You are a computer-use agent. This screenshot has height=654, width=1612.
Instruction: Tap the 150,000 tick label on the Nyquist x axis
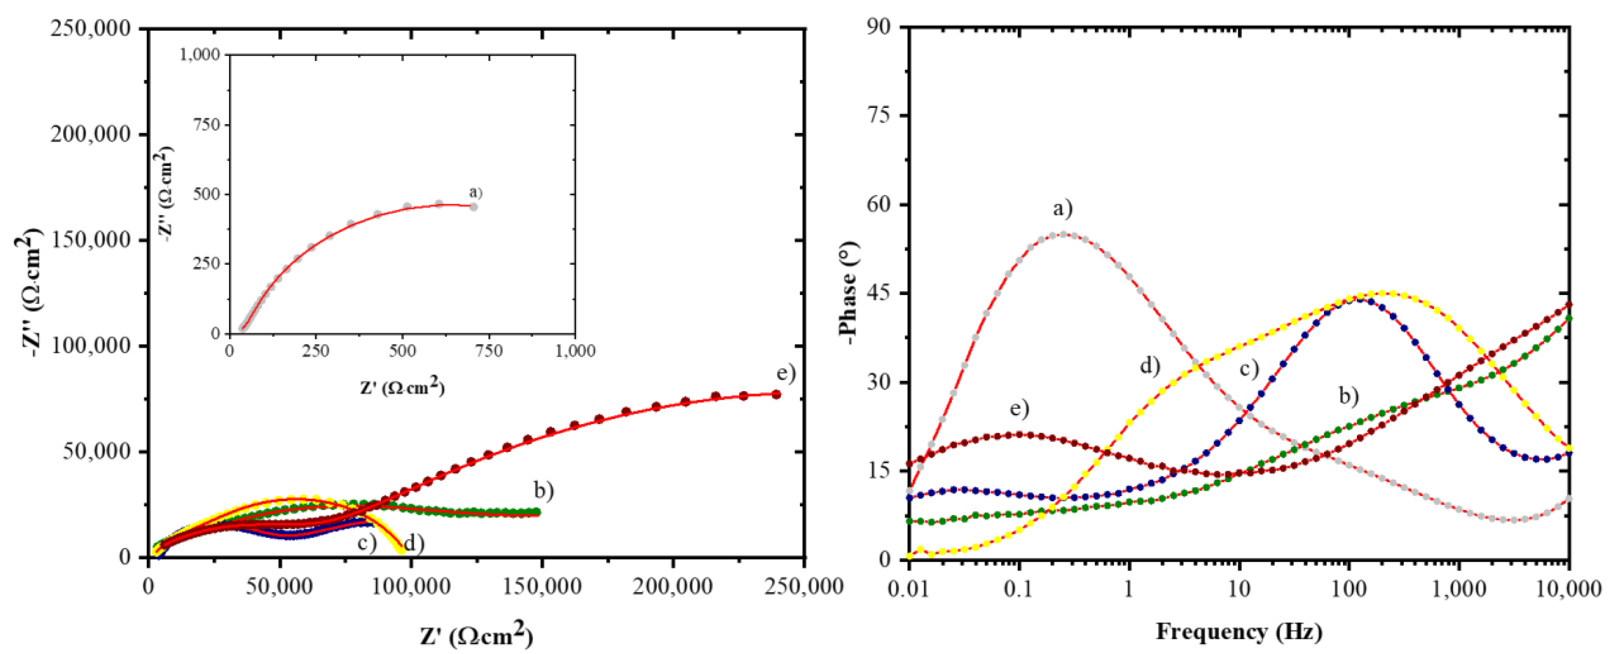[x=541, y=587]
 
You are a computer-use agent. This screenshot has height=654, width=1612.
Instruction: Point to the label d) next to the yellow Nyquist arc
[x=414, y=543]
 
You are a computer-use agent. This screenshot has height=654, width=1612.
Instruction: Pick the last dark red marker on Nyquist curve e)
[x=776, y=394]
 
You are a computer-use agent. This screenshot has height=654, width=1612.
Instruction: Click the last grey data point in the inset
[x=474, y=206]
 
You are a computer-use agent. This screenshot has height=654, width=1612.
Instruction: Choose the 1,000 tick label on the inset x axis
[x=574, y=351]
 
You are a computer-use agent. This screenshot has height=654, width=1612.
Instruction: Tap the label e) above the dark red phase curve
[x=1020, y=408]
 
